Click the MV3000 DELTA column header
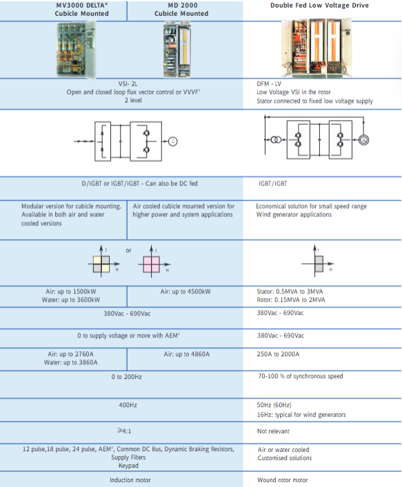pos(82,10)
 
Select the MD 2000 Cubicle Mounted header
pos(181,10)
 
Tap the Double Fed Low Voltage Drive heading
pos(319,6)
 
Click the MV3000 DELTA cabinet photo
pos(76,49)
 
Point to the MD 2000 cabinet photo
pos(177,49)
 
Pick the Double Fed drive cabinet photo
pos(316,48)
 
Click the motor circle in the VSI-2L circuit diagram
pos(173,141)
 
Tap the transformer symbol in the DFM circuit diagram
pos(276,140)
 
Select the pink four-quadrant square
pos(152,265)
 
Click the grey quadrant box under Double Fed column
pos(319,265)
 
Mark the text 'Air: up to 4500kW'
pos(185,291)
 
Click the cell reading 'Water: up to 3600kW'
pos(71,300)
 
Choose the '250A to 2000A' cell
pos(278,354)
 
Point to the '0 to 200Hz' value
pos(127,377)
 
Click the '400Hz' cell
pos(128,405)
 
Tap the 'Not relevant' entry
pos(273,431)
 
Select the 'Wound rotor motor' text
pos(282,480)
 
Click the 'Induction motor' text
pos(130,480)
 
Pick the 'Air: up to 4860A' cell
pos(187,354)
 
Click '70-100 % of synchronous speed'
pos(301,376)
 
